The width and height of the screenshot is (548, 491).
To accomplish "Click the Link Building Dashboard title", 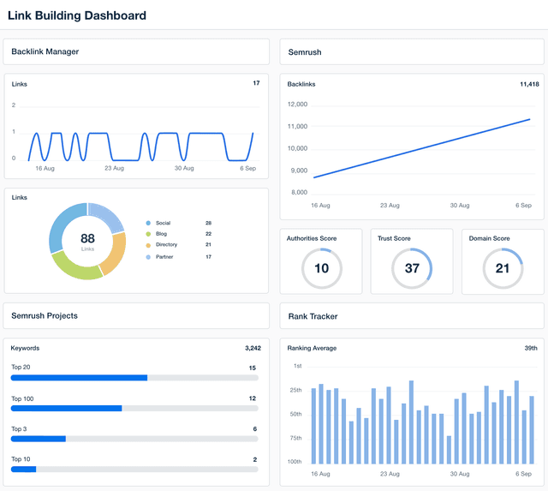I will [x=77, y=15].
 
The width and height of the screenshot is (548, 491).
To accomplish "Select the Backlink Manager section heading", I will [x=45, y=51].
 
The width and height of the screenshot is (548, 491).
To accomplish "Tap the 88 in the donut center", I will [x=87, y=238].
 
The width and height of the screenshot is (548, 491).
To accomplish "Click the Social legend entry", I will [x=162, y=223].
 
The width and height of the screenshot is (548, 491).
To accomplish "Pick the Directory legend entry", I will [x=166, y=245].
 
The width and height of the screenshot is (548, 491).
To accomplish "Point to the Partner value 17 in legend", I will [x=208, y=256].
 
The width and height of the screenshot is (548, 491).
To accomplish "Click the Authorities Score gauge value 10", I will [x=322, y=269].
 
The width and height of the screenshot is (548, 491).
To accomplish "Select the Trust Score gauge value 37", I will [x=412, y=269].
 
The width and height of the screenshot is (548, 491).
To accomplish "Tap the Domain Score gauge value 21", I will [x=503, y=269].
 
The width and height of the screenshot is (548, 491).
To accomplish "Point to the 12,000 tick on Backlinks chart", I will [x=297, y=105].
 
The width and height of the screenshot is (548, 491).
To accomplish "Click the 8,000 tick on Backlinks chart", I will [x=299, y=192].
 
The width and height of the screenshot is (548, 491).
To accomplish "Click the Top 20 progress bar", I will [x=134, y=377].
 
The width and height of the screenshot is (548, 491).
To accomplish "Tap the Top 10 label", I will [x=21, y=459].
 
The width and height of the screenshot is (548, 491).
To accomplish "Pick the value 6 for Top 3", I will [x=254, y=428].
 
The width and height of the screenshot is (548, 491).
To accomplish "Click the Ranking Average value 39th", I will [x=530, y=349].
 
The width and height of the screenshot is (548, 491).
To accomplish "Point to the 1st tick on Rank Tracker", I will [x=297, y=366].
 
